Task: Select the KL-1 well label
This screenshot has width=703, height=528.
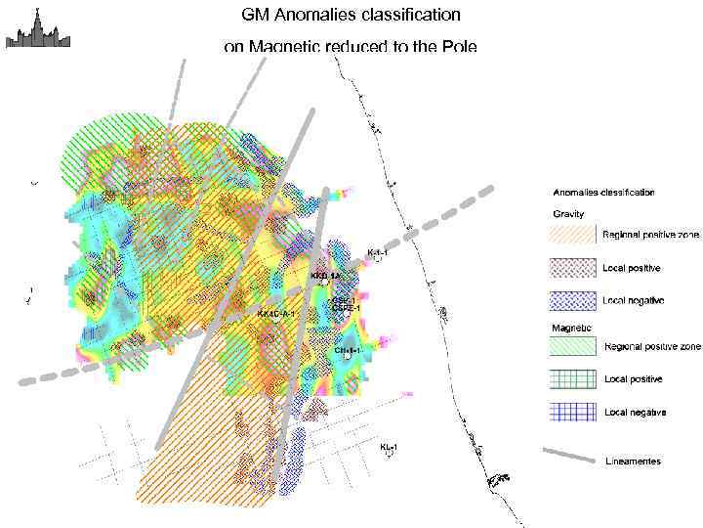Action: point(389,447)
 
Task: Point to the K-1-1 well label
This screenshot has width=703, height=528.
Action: point(377,252)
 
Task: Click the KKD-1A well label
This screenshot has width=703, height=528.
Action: point(324,277)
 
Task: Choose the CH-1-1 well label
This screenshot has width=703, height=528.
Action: point(348,349)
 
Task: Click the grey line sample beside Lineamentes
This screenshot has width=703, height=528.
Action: point(569,456)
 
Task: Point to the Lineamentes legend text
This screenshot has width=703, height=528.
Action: point(633,461)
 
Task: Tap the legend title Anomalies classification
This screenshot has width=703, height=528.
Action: point(603,193)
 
